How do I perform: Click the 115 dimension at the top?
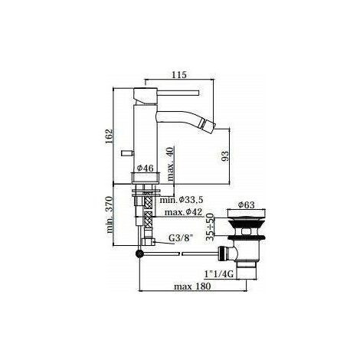(x=179, y=75)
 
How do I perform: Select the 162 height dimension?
(x=109, y=136)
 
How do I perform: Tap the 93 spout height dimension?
(x=225, y=156)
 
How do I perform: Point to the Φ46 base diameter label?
(x=145, y=169)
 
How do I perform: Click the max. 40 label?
(x=171, y=165)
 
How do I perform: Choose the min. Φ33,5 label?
(x=182, y=200)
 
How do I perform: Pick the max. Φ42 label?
(x=183, y=212)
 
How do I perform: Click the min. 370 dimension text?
(x=110, y=214)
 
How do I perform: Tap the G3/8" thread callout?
(x=181, y=238)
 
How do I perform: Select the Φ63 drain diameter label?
(x=246, y=205)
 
